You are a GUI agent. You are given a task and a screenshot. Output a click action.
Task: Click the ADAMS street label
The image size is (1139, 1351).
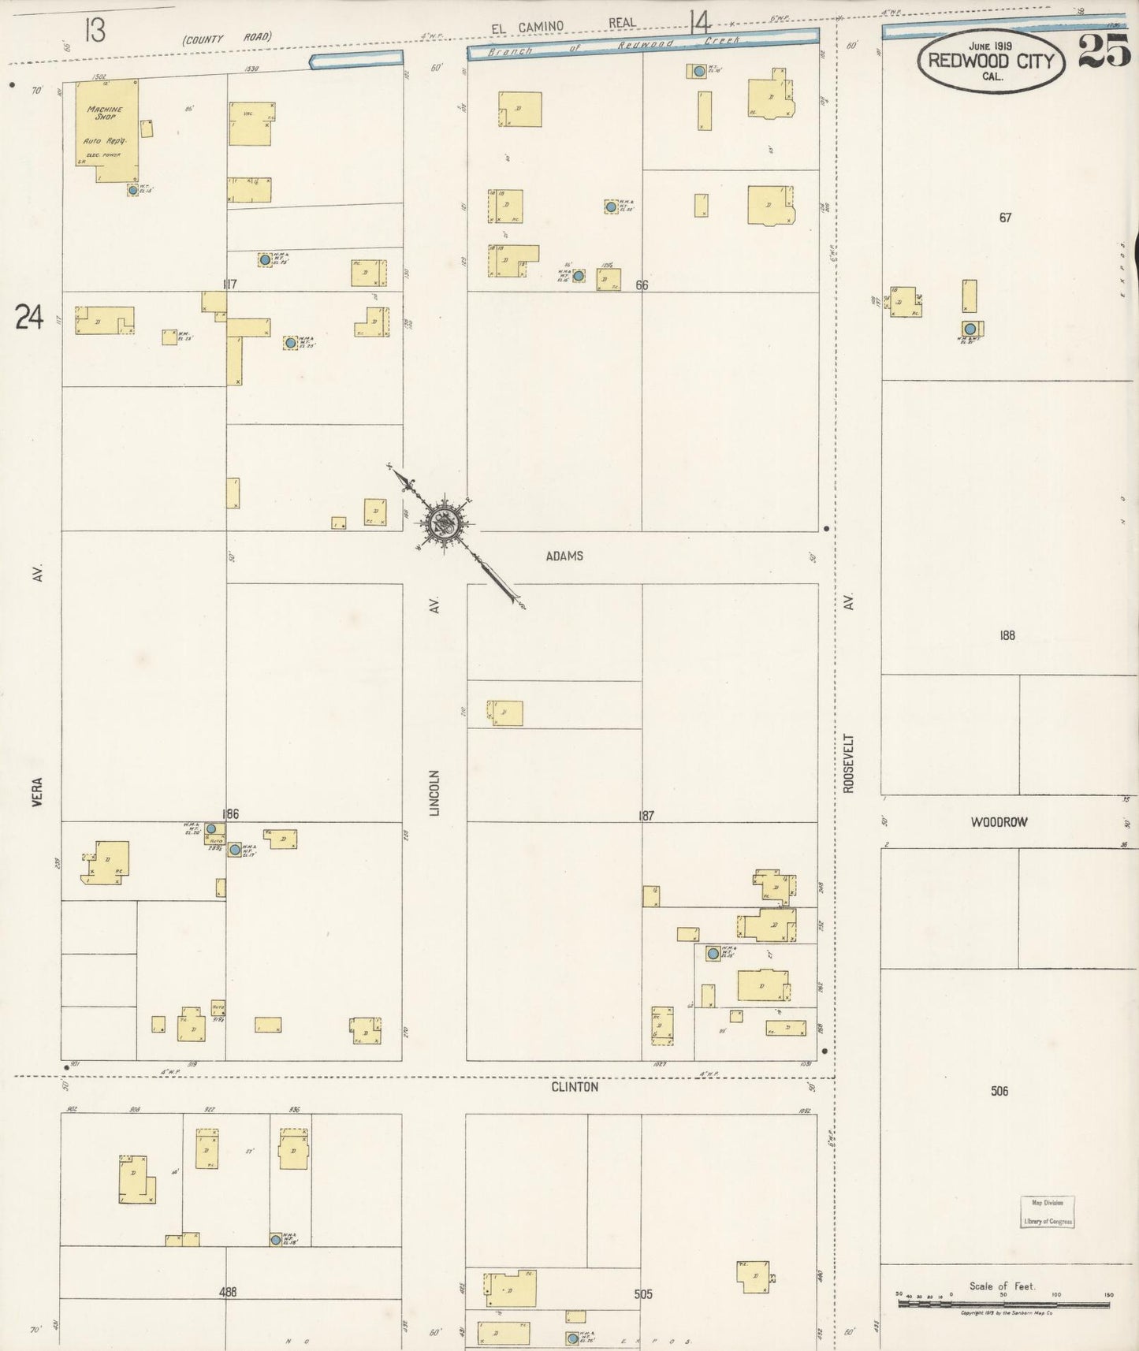point(564,556)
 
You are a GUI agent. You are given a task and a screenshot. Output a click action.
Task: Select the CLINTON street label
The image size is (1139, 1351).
point(575,1086)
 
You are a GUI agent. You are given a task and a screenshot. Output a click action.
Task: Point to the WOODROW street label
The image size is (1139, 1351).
point(999,822)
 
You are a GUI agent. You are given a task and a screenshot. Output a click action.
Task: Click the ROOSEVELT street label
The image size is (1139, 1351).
point(848,763)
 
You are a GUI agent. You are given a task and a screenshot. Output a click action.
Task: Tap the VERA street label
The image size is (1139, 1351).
point(38,791)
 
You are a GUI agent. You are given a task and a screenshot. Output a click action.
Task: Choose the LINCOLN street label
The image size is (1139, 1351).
point(434,792)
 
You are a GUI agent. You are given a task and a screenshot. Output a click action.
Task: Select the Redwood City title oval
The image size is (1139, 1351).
point(991,61)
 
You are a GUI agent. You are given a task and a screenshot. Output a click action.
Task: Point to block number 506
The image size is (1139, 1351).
point(999,1091)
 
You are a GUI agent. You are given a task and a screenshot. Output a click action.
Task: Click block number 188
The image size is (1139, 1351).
point(1007,635)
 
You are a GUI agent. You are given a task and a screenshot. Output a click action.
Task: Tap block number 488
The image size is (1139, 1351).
point(228,1292)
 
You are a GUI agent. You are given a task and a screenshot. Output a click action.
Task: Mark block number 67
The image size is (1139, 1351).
point(1005,218)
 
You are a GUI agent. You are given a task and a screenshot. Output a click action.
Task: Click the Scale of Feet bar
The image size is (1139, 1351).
point(1003,1304)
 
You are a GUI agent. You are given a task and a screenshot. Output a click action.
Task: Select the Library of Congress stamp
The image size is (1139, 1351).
point(1047,1212)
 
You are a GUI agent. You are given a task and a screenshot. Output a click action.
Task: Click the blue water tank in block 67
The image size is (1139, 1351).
point(970,329)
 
